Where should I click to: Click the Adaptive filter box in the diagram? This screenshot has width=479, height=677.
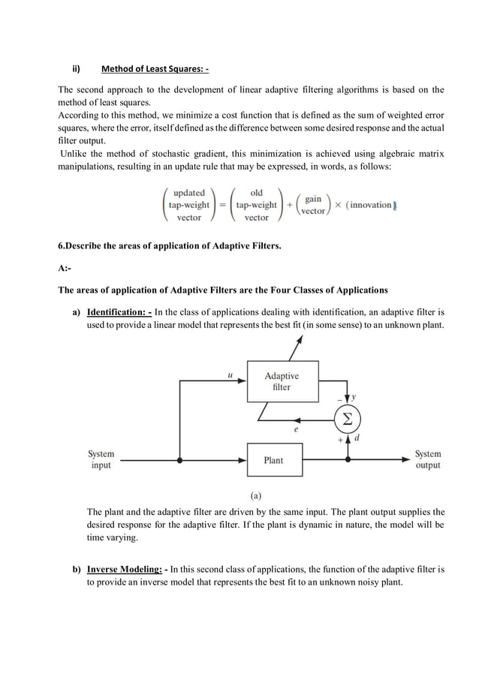282,381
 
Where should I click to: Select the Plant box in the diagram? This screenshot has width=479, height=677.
273,459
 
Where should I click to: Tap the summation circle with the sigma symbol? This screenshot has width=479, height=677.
347,419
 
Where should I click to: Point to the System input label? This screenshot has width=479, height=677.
101,459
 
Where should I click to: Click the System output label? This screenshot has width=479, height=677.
428,459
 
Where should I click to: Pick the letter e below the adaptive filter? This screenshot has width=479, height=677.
296,431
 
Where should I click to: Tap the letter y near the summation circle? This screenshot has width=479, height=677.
354,396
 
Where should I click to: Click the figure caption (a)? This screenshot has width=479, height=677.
255,495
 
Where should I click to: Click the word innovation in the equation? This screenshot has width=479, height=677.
371,205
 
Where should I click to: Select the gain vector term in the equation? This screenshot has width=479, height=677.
313,205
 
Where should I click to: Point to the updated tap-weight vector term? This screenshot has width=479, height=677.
188,205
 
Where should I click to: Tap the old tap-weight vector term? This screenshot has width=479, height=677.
256,205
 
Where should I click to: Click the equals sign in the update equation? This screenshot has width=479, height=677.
222,205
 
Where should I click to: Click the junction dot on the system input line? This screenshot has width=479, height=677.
179,459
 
